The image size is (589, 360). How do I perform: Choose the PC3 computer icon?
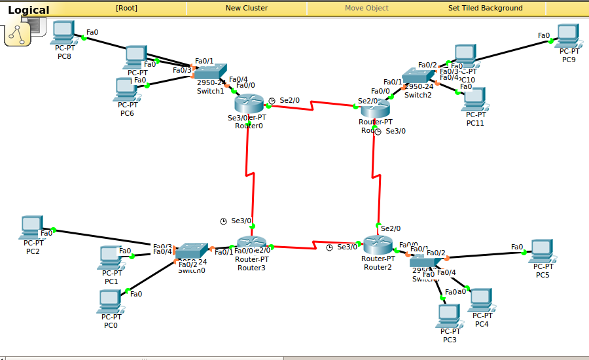tap(449, 315)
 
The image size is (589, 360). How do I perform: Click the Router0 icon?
tap(248, 103)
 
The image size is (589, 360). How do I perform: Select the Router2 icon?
tap(377, 244)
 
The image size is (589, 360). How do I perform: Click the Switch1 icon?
tap(211, 72)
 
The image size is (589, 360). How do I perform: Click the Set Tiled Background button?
tap(485, 8)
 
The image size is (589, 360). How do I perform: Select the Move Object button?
tap(366, 8)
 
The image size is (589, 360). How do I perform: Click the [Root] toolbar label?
tap(126, 8)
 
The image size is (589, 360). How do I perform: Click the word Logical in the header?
tap(28, 10)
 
